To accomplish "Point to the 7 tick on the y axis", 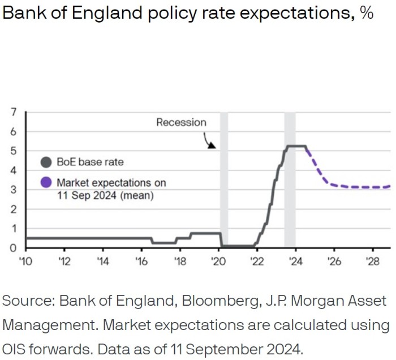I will (13, 112).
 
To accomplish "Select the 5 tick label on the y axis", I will (13, 151).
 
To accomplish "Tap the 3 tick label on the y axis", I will (13, 190).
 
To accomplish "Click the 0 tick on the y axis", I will (13, 248).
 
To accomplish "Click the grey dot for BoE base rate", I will (46, 162).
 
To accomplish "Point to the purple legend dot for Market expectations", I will (46, 183).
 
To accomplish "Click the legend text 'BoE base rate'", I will (89, 162).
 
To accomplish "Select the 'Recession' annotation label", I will (181, 122).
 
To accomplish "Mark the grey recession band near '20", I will (224, 181).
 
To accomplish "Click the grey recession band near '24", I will (290, 181).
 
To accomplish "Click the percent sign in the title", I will (365, 13).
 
